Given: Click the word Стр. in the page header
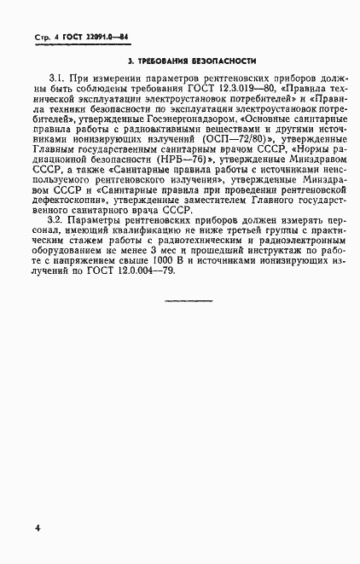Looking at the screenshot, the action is coord(43,39).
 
